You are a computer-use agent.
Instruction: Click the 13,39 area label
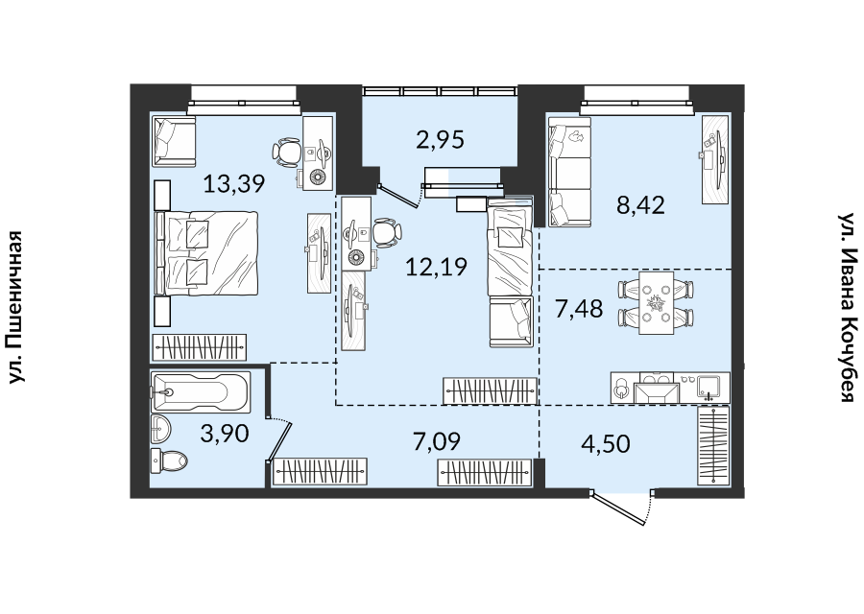(x=234, y=183)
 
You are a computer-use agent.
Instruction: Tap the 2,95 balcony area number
(x=441, y=140)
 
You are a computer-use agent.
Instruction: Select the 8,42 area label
(x=641, y=205)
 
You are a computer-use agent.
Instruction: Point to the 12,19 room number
(x=436, y=267)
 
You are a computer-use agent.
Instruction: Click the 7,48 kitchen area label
(x=579, y=308)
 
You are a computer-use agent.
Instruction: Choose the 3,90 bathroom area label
(x=225, y=434)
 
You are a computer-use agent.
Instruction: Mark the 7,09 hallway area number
(x=437, y=441)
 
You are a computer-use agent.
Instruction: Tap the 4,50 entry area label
(x=606, y=444)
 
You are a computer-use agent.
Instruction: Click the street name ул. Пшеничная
(x=16, y=307)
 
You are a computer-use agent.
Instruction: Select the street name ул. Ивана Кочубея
(x=846, y=307)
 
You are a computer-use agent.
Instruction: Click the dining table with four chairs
(x=656, y=303)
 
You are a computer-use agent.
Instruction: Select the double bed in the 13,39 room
(x=207, y=253)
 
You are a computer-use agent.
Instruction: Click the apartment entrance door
(x=621, y=508)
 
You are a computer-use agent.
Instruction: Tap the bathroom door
(x=278, y=440)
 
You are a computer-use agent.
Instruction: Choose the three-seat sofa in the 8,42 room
(x=568, y=172)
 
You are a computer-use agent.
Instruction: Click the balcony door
(x=400, y=196)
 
